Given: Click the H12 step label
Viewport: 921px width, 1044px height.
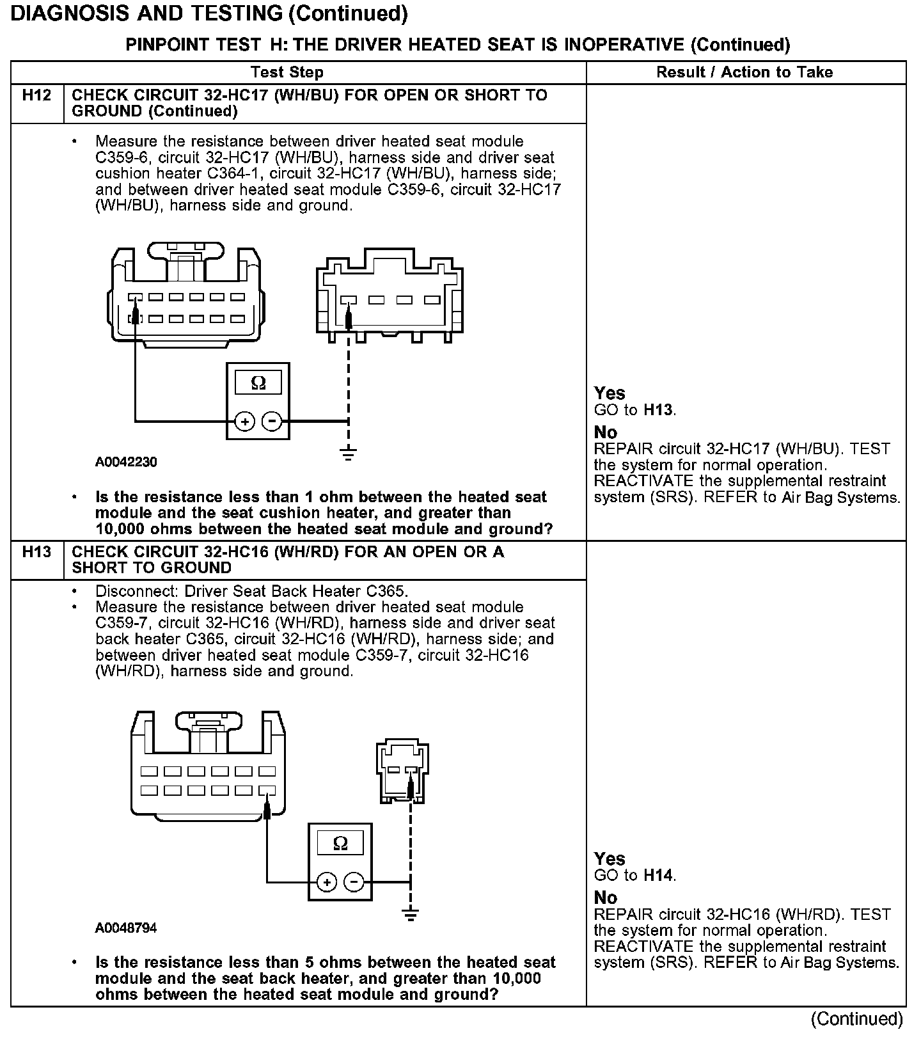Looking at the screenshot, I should (36, 95).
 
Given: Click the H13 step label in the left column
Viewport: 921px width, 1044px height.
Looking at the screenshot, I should (36, 551).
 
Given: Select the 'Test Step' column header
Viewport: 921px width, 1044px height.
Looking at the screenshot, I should (287, 72).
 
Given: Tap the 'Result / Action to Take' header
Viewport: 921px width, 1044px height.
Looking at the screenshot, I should (744, 72).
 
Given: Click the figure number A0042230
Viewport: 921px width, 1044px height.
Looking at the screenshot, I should (126, 462).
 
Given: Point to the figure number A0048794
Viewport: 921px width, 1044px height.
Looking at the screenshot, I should (126, 928).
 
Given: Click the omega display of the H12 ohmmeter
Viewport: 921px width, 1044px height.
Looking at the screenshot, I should (258, 383).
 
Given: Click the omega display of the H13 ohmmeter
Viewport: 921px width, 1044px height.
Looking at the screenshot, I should (340, 844).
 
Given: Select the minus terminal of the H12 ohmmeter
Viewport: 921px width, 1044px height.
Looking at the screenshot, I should (272, 421).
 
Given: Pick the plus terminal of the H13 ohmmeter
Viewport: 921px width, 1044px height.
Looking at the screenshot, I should (327, 882).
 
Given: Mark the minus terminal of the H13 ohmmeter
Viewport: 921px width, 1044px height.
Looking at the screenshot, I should (354, 882).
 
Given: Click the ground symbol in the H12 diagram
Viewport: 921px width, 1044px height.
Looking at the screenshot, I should (348, 454).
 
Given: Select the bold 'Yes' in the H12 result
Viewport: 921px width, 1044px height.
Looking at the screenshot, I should (610, 393).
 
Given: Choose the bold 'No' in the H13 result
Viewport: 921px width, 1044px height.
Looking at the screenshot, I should (605, 898).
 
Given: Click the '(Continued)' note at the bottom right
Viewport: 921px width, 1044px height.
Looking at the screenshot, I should (857, 1019).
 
